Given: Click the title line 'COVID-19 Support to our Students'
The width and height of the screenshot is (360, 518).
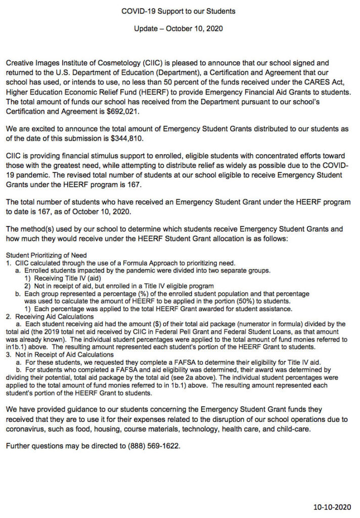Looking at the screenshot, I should click(178, 11).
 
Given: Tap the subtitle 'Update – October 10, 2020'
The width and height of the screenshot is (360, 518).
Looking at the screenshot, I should click(178, 29).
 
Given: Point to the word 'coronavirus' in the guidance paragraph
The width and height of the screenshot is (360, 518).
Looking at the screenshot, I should click(25, 429).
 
